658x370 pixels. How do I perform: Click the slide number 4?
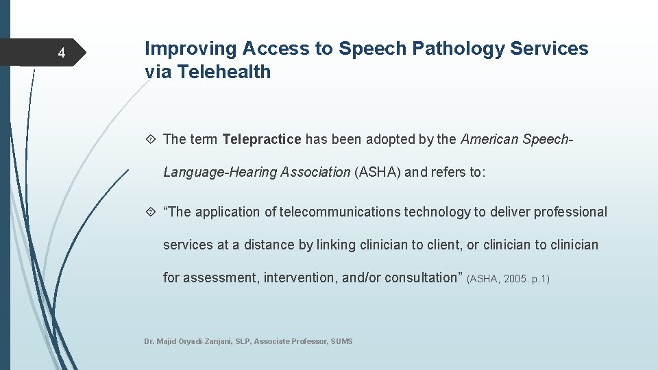point(61,53)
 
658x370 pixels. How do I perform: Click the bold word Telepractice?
point(262,140)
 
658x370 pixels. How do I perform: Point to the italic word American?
point(489,140)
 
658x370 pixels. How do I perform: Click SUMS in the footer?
point(341,341)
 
